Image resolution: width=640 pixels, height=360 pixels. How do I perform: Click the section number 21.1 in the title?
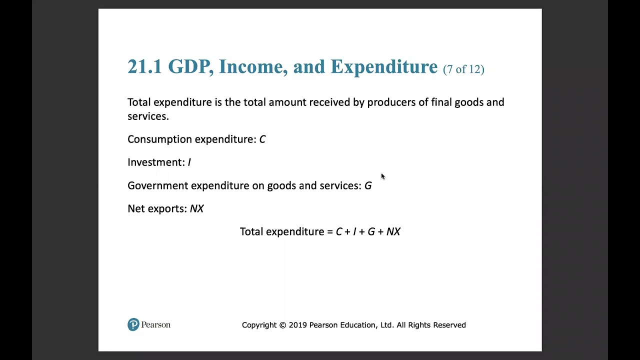point(144,67)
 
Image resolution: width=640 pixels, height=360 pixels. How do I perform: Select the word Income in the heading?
point(253,67)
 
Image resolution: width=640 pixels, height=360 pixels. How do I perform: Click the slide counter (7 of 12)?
point(463,69)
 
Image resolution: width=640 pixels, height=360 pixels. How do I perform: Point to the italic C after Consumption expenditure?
point(262,139)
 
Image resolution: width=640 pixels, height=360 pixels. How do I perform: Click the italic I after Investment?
point(189,162)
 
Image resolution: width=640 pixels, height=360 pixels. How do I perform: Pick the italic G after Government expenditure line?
point(368,186)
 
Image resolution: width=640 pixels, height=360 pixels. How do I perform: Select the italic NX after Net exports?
point(197,209)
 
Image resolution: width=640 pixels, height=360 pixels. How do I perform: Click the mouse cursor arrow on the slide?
point(382,176)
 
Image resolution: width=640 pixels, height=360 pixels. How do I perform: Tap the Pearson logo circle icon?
point(133,325)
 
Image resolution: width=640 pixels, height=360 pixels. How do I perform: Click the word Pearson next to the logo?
point(156,325)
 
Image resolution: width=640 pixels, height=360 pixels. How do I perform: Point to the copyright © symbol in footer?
point(282,325)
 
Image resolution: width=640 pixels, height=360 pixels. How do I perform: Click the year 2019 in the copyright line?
point(298,325)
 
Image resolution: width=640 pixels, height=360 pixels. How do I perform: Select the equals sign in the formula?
point(329,232)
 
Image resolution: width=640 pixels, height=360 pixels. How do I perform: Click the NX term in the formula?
point(393,232)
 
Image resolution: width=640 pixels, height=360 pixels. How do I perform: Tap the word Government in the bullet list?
point(157,186)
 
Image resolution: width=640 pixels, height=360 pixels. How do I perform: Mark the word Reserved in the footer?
point(449,325)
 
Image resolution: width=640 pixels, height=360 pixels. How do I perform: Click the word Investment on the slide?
point(155,162)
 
